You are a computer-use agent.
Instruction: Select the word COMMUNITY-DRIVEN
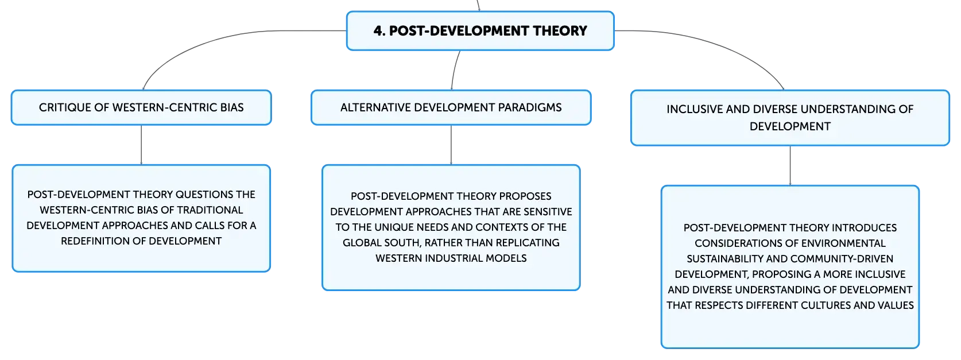coord(842,259)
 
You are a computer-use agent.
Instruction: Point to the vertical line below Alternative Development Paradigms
coord(451,145)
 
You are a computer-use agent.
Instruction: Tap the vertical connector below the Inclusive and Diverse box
coord(790,165)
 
